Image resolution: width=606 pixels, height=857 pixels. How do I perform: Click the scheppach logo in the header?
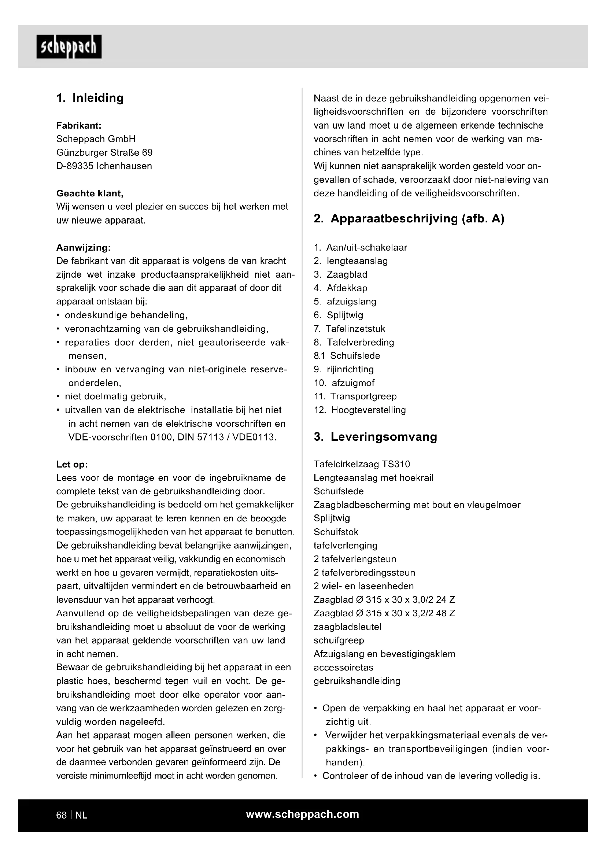69,47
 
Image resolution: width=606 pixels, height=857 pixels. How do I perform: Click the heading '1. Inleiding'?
90,98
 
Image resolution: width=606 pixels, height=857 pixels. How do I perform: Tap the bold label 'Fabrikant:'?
79,125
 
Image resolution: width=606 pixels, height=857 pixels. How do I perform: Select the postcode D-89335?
75,166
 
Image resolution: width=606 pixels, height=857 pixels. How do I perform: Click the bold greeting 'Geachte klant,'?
89,193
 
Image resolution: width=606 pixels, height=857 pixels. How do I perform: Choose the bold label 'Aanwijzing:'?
83,247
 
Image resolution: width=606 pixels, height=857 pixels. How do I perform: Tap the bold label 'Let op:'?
72,464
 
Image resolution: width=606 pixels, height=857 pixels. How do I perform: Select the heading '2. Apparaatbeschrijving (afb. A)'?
409,218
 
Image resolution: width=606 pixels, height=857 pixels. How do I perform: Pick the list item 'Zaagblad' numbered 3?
347,275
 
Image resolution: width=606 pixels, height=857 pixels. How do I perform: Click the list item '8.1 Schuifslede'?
347,356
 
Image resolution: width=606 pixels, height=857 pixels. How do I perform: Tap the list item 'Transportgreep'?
363,396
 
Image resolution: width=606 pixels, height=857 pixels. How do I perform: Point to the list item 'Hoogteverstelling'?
368,410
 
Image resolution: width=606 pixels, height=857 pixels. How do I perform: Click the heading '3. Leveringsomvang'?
375,437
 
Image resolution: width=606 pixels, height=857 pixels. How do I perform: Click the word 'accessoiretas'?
343,667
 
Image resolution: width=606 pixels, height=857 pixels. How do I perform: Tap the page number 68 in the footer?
61,815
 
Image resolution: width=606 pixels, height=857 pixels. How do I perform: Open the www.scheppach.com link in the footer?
302,814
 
